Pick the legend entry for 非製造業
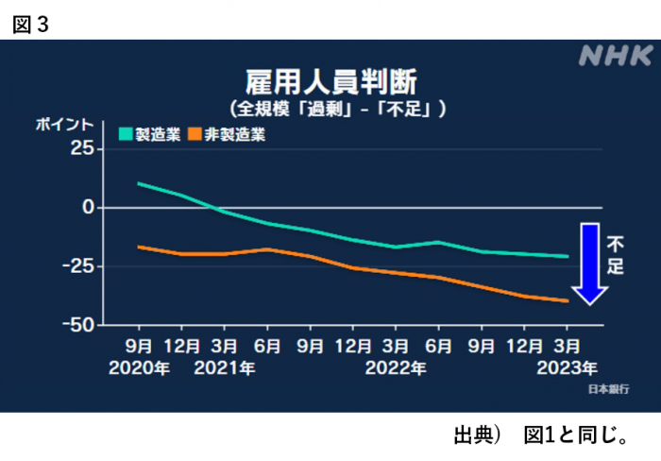pos(227,134)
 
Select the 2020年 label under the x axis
pos(139,367)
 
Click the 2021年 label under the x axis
pos(224,367)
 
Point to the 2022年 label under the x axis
pos(395,367)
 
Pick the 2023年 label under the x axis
pos(565,367)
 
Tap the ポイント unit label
pos(64,124)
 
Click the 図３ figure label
pos(30,24)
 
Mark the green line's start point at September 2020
pos(139,183)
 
